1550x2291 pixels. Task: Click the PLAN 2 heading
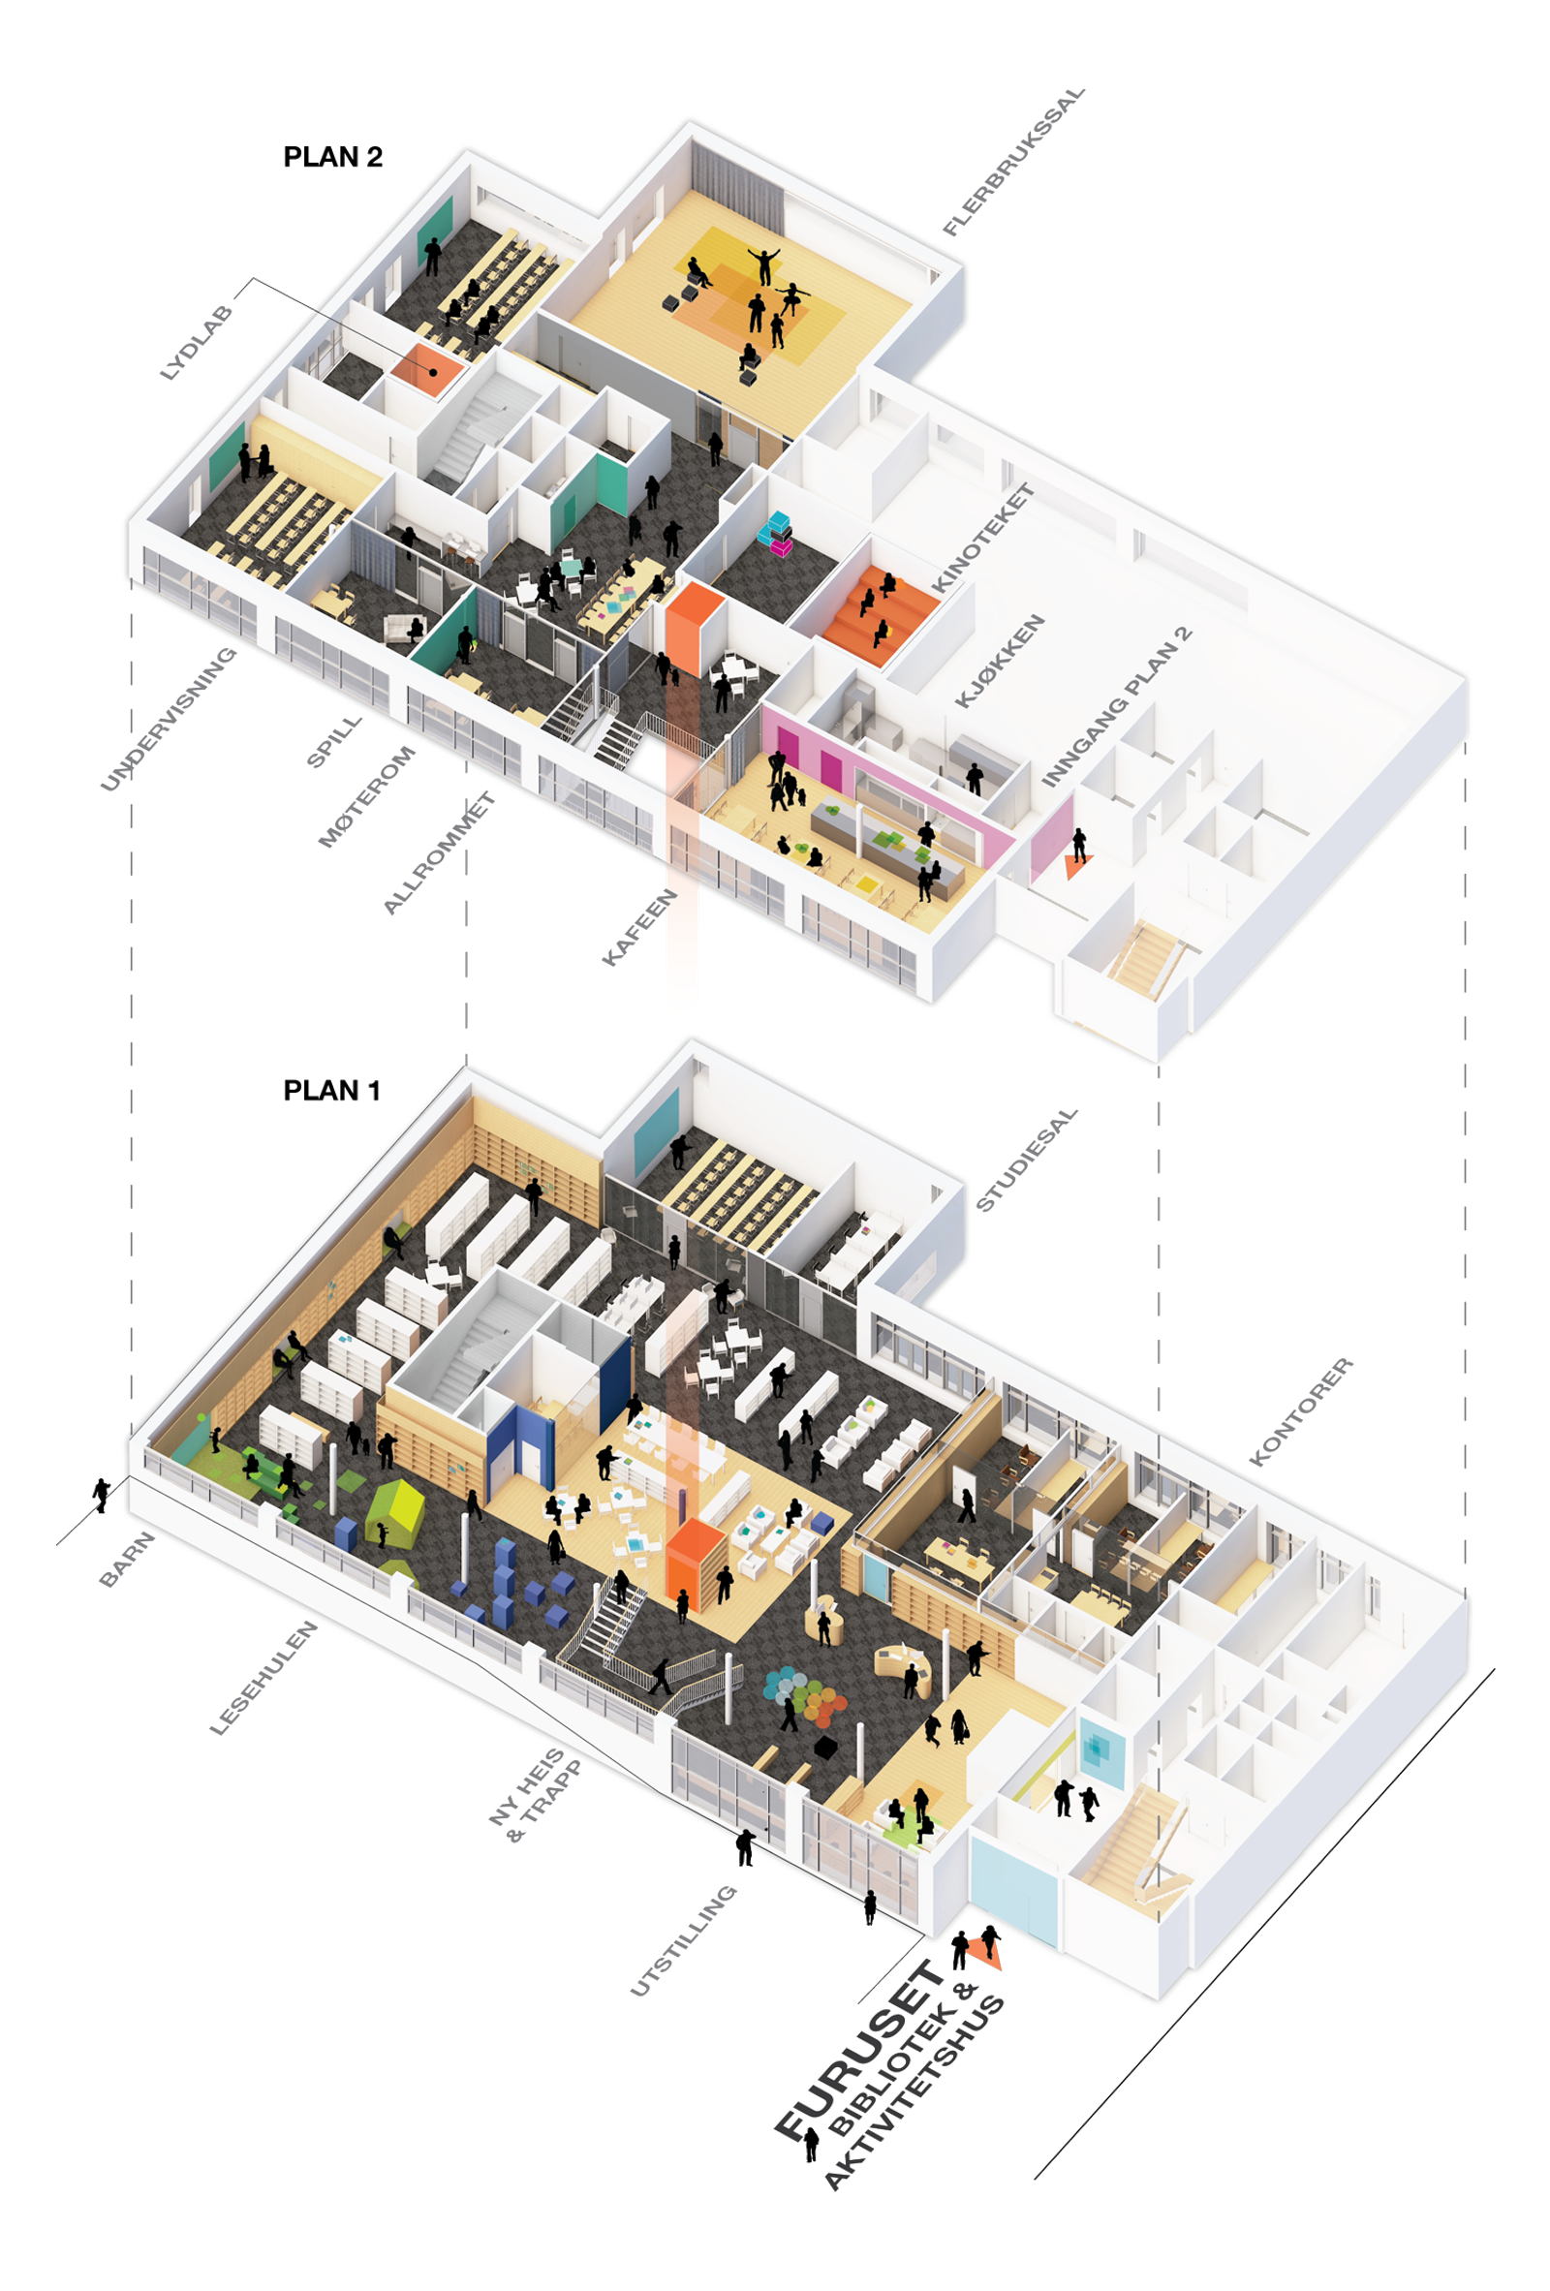click(x=332, y=157)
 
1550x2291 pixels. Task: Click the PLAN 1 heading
click(x=331, y=1091)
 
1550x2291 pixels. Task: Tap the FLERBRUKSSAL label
click(x=1013, y=163)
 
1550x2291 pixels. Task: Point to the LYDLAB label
click(x=198, y=343)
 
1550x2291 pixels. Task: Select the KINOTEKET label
click(x=983, y=539)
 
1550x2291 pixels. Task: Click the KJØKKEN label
click(x=1000, y=662)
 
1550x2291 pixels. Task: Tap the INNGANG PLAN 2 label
click(x=1117, y=706)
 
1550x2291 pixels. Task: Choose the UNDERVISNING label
click(x=169, y=719)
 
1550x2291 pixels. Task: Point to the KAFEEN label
click(x=640, y=927)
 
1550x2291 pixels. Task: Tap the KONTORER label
click(x=1302, y=1411)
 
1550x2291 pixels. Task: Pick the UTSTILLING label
click(x=682, y=1941)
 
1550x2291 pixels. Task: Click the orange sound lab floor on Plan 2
click(x=426, y=368)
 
